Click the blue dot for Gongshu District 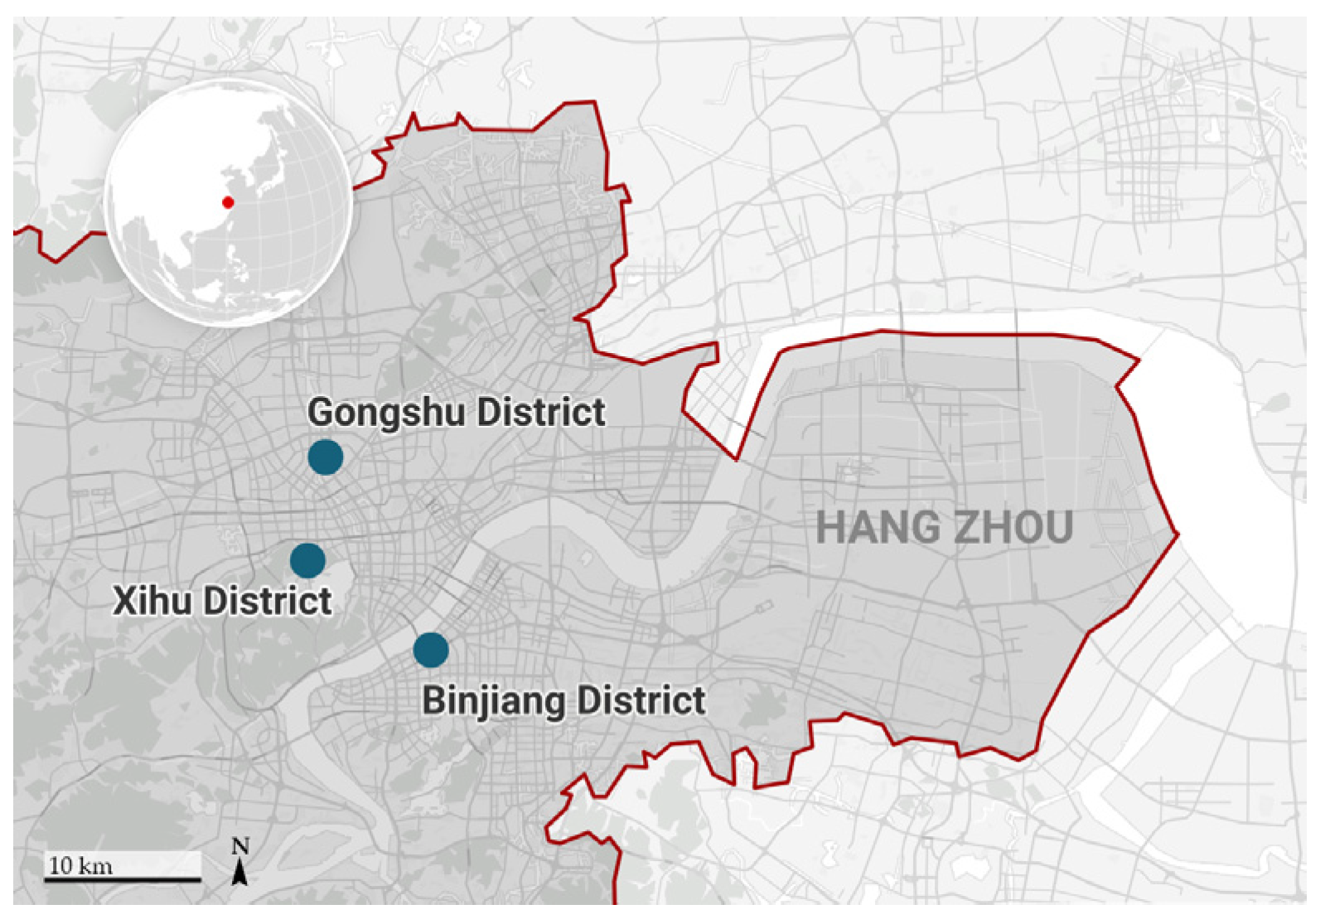[x=325, y=457]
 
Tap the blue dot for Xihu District [x=307, y=561]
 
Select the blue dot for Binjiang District [x=431, y=650]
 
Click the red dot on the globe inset [x=228, y=201]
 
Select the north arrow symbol [x=240, y=872]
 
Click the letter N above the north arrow [x=240, y=846]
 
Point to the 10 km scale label [x=80, y=866]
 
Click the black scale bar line [x=123, y=878]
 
